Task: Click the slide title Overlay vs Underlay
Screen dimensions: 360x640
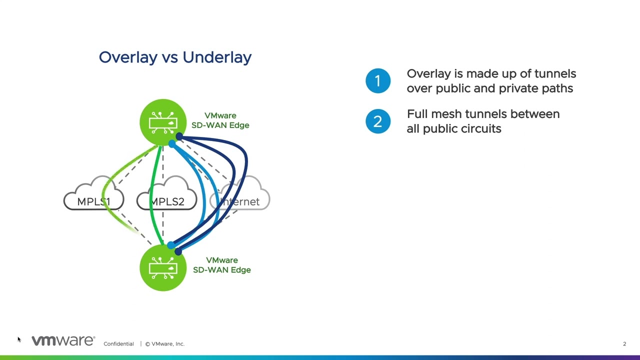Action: pos(175,57)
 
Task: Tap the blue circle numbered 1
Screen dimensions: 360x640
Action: pos(378,81)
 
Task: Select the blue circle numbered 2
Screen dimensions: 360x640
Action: pos(378,121)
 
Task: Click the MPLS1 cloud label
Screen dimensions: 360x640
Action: pos(93,201)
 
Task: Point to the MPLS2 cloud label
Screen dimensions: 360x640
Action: pos(167,201)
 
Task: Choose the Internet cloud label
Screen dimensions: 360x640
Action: pos(240,201)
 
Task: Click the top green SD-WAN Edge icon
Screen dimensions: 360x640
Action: pos(162,122)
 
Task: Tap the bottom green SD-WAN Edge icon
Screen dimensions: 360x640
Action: pos(162,268)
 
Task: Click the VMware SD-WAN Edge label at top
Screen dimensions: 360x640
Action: pos(220,120)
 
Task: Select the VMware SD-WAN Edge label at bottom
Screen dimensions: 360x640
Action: pos(221,265)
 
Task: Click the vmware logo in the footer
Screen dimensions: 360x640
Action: pos(63,341)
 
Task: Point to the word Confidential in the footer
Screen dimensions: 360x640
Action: pos(118,344)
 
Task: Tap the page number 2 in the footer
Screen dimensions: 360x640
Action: pos(624,344)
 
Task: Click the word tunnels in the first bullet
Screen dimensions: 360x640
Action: pos(555,74)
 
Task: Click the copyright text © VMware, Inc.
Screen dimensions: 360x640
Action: pos(165,344)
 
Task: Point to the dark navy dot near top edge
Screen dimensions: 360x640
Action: pos(179,136)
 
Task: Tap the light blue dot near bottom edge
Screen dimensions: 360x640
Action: pos(171,245)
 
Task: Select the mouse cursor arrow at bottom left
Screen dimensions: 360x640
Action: pos(19,339)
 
